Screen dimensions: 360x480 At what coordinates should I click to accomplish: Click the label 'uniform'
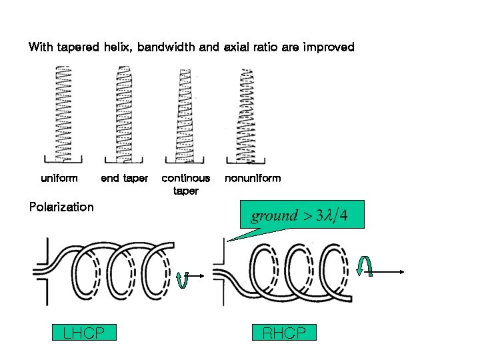point(59,178)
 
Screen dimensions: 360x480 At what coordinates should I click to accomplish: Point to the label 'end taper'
point(124,178)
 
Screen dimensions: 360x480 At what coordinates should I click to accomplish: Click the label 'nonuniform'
point(253,178)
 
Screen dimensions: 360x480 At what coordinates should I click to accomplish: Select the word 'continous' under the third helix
point(186,178)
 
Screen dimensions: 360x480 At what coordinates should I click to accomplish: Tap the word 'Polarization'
point(61,207)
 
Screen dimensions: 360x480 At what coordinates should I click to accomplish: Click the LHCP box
point(84,333)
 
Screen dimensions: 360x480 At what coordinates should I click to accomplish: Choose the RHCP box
point(284,333)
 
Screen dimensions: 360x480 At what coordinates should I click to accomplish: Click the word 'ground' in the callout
point(274,216)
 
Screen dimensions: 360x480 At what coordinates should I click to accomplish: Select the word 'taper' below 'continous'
point(186,191)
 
